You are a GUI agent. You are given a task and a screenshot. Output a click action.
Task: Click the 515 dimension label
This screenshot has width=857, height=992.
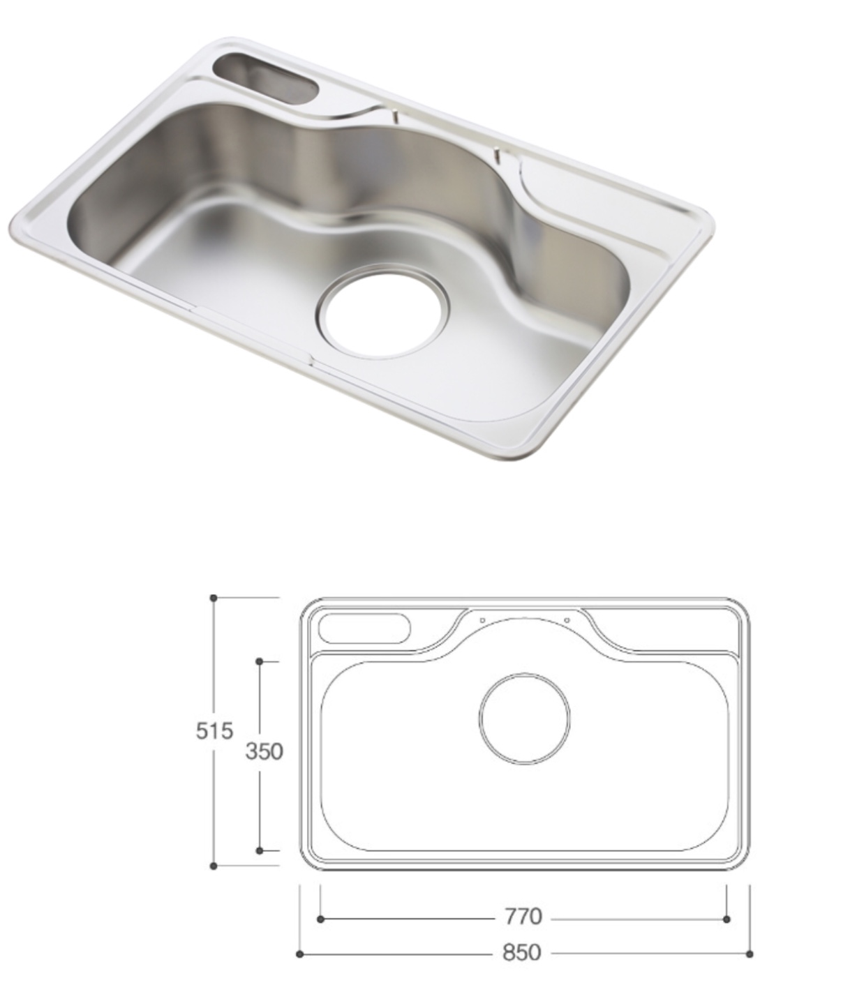(214, 731)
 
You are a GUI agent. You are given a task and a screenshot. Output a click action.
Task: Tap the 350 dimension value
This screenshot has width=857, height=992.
(264, 751)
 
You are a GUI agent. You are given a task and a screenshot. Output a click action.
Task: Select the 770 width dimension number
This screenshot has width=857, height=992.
(523, 917)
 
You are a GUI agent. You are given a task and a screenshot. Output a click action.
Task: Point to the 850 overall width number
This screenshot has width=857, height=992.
(522, 952)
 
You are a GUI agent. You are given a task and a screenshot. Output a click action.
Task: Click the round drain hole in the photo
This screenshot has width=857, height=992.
(383, 316)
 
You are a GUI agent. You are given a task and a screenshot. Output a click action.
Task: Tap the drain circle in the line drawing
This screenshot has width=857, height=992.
(525, 719)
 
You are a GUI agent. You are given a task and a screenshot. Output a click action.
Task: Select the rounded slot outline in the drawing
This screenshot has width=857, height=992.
(364, 629)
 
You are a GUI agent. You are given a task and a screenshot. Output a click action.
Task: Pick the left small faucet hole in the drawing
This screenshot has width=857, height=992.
(482, 621)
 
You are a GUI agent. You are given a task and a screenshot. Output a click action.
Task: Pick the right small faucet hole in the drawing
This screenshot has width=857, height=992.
(567, 621)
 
